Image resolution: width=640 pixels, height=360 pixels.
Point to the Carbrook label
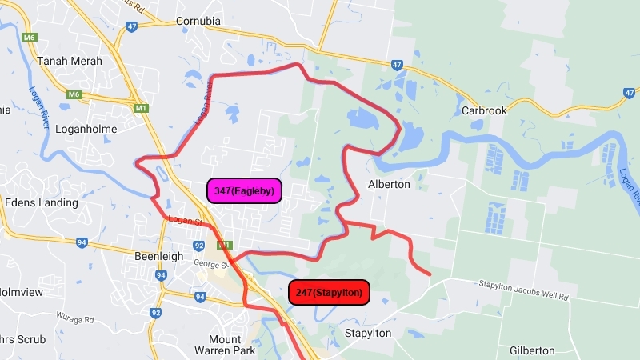[485, 110]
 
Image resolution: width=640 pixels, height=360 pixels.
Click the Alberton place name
[388, 184]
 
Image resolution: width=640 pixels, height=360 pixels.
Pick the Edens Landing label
[42, 202]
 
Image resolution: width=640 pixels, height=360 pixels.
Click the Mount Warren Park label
[224, 345]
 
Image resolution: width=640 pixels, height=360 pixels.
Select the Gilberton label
[532, 350]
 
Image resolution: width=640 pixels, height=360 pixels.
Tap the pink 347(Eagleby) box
[244, 190]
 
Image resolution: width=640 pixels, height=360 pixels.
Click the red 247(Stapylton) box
[329, 293]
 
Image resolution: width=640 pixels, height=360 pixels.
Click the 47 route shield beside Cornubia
[132, 26]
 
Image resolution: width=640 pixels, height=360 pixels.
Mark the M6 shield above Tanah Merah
[30, 37]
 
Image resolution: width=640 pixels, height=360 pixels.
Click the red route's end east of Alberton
[430, 275]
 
